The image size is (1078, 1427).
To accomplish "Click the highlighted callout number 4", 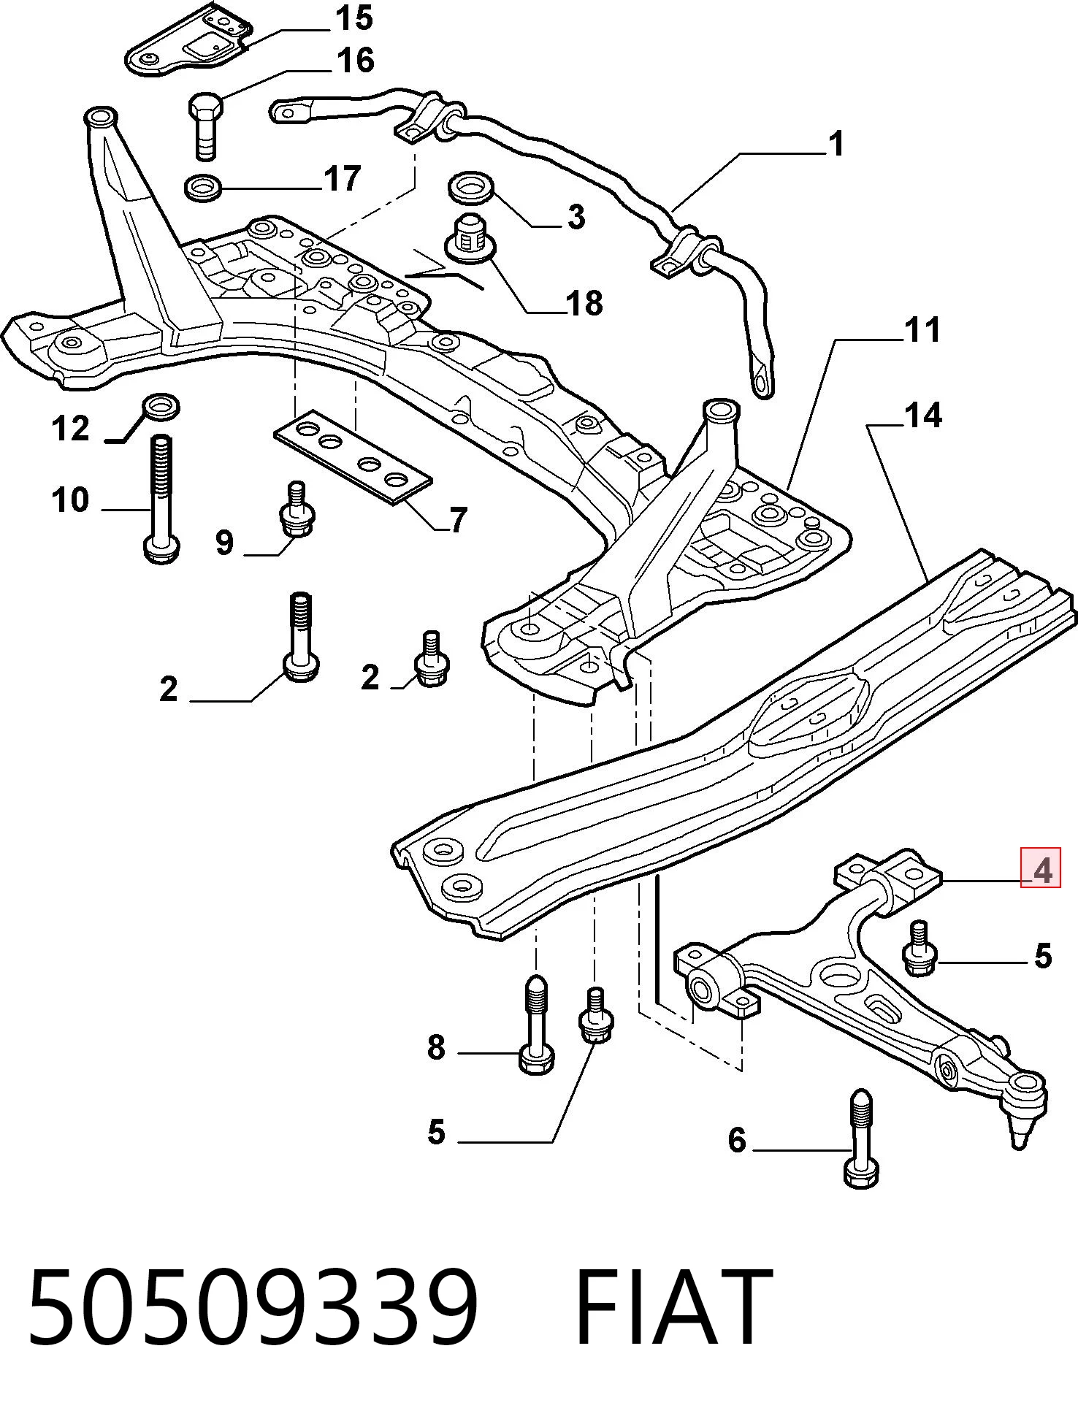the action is pos(1041,871).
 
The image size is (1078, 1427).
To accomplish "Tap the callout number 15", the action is pos(354,19).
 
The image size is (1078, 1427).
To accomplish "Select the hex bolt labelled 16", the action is pos(206,125).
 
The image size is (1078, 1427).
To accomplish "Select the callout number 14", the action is pos(923,415).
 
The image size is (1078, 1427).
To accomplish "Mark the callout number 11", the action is pos(923,329).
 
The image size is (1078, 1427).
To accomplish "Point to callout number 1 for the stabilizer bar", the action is pos(837,144).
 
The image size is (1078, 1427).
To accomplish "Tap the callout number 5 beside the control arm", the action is pos(1043,956).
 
